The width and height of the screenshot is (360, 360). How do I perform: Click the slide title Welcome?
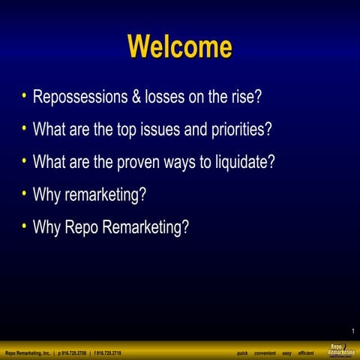tap(180, 46)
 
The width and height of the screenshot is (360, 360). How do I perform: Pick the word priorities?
tap(239, 130)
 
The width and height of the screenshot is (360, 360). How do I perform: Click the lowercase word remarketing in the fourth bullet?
tap(104, 194)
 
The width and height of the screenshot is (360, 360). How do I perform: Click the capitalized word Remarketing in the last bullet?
tap(144, 227)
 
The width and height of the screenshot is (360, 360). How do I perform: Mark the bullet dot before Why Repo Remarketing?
tap(25, 225)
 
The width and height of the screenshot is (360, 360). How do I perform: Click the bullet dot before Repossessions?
tap(25, 96)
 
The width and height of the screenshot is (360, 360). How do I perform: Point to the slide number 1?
tap(352, 331)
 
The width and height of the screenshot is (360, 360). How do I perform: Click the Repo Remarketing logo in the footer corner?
tap(341, 350)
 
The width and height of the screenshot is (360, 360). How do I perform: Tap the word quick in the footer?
tap(242, 352)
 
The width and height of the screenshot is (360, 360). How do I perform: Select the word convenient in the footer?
tap(265, 352)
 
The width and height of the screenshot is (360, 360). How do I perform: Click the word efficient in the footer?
tap(305, 352)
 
